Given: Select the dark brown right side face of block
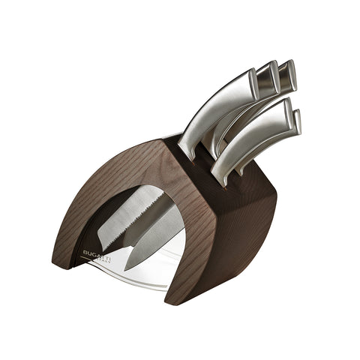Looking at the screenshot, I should click(x=240, y=225).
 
